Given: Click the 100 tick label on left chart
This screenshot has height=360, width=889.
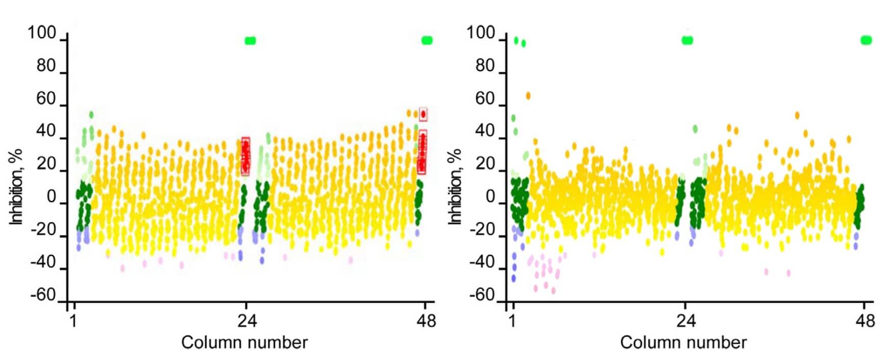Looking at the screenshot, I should point(42,33).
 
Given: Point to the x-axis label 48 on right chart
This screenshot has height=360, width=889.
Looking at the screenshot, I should point(865,321).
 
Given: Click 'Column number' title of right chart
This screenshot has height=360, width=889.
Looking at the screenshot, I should point(683,343).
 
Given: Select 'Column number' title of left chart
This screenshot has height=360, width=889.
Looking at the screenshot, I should point(244,343).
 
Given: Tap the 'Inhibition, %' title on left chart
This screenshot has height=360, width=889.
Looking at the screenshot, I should point(17,187).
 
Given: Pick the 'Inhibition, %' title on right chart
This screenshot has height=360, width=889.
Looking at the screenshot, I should point(455,187).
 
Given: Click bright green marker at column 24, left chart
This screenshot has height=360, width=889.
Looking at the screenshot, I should point(250,41).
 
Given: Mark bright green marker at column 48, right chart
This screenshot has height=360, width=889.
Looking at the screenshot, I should point(866,40).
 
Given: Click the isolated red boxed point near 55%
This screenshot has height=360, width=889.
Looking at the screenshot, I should point(423,114).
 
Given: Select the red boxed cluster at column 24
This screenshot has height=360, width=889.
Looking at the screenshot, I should point(245,157).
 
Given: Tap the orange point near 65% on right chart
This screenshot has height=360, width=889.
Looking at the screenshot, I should point(528,96).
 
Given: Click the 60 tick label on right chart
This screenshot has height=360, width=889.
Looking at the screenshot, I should point(485,99).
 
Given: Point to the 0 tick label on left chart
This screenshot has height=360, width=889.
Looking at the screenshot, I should point(51,197).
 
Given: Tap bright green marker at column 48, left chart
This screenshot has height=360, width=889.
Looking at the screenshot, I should point(427,40).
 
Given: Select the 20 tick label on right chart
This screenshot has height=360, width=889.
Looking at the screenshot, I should point(485,164).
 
